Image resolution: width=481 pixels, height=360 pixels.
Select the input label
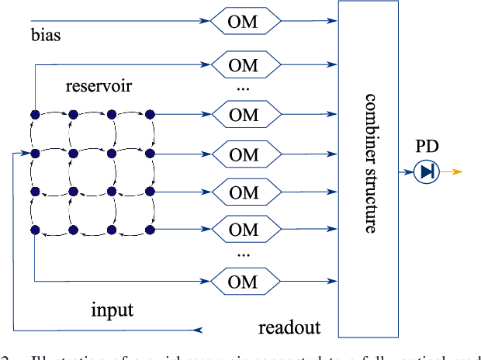click(x=112, y=310)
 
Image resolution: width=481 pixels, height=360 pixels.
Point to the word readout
click(x=289, y=327)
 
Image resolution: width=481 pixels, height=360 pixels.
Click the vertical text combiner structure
click(x=370, y=164)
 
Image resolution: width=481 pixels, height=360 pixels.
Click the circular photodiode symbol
click(x=425, y=171)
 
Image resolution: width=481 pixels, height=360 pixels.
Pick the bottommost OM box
click(x=244, y=279)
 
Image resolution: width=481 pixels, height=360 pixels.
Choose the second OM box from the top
click(x=244, y=65)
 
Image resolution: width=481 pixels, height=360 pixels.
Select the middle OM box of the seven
click(x=244, y=154)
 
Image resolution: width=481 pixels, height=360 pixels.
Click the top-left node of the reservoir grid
click(x=35, y=115)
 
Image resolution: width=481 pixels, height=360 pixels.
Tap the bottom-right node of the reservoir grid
click(x=151, y=230)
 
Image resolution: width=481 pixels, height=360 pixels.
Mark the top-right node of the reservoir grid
click(x=151, y=115)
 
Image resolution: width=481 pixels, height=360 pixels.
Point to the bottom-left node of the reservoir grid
click(x=35, y=230)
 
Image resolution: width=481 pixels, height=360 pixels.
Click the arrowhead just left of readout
click(x=199, y=331)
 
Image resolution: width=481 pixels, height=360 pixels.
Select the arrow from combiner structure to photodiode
click(x=407, y=171)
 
